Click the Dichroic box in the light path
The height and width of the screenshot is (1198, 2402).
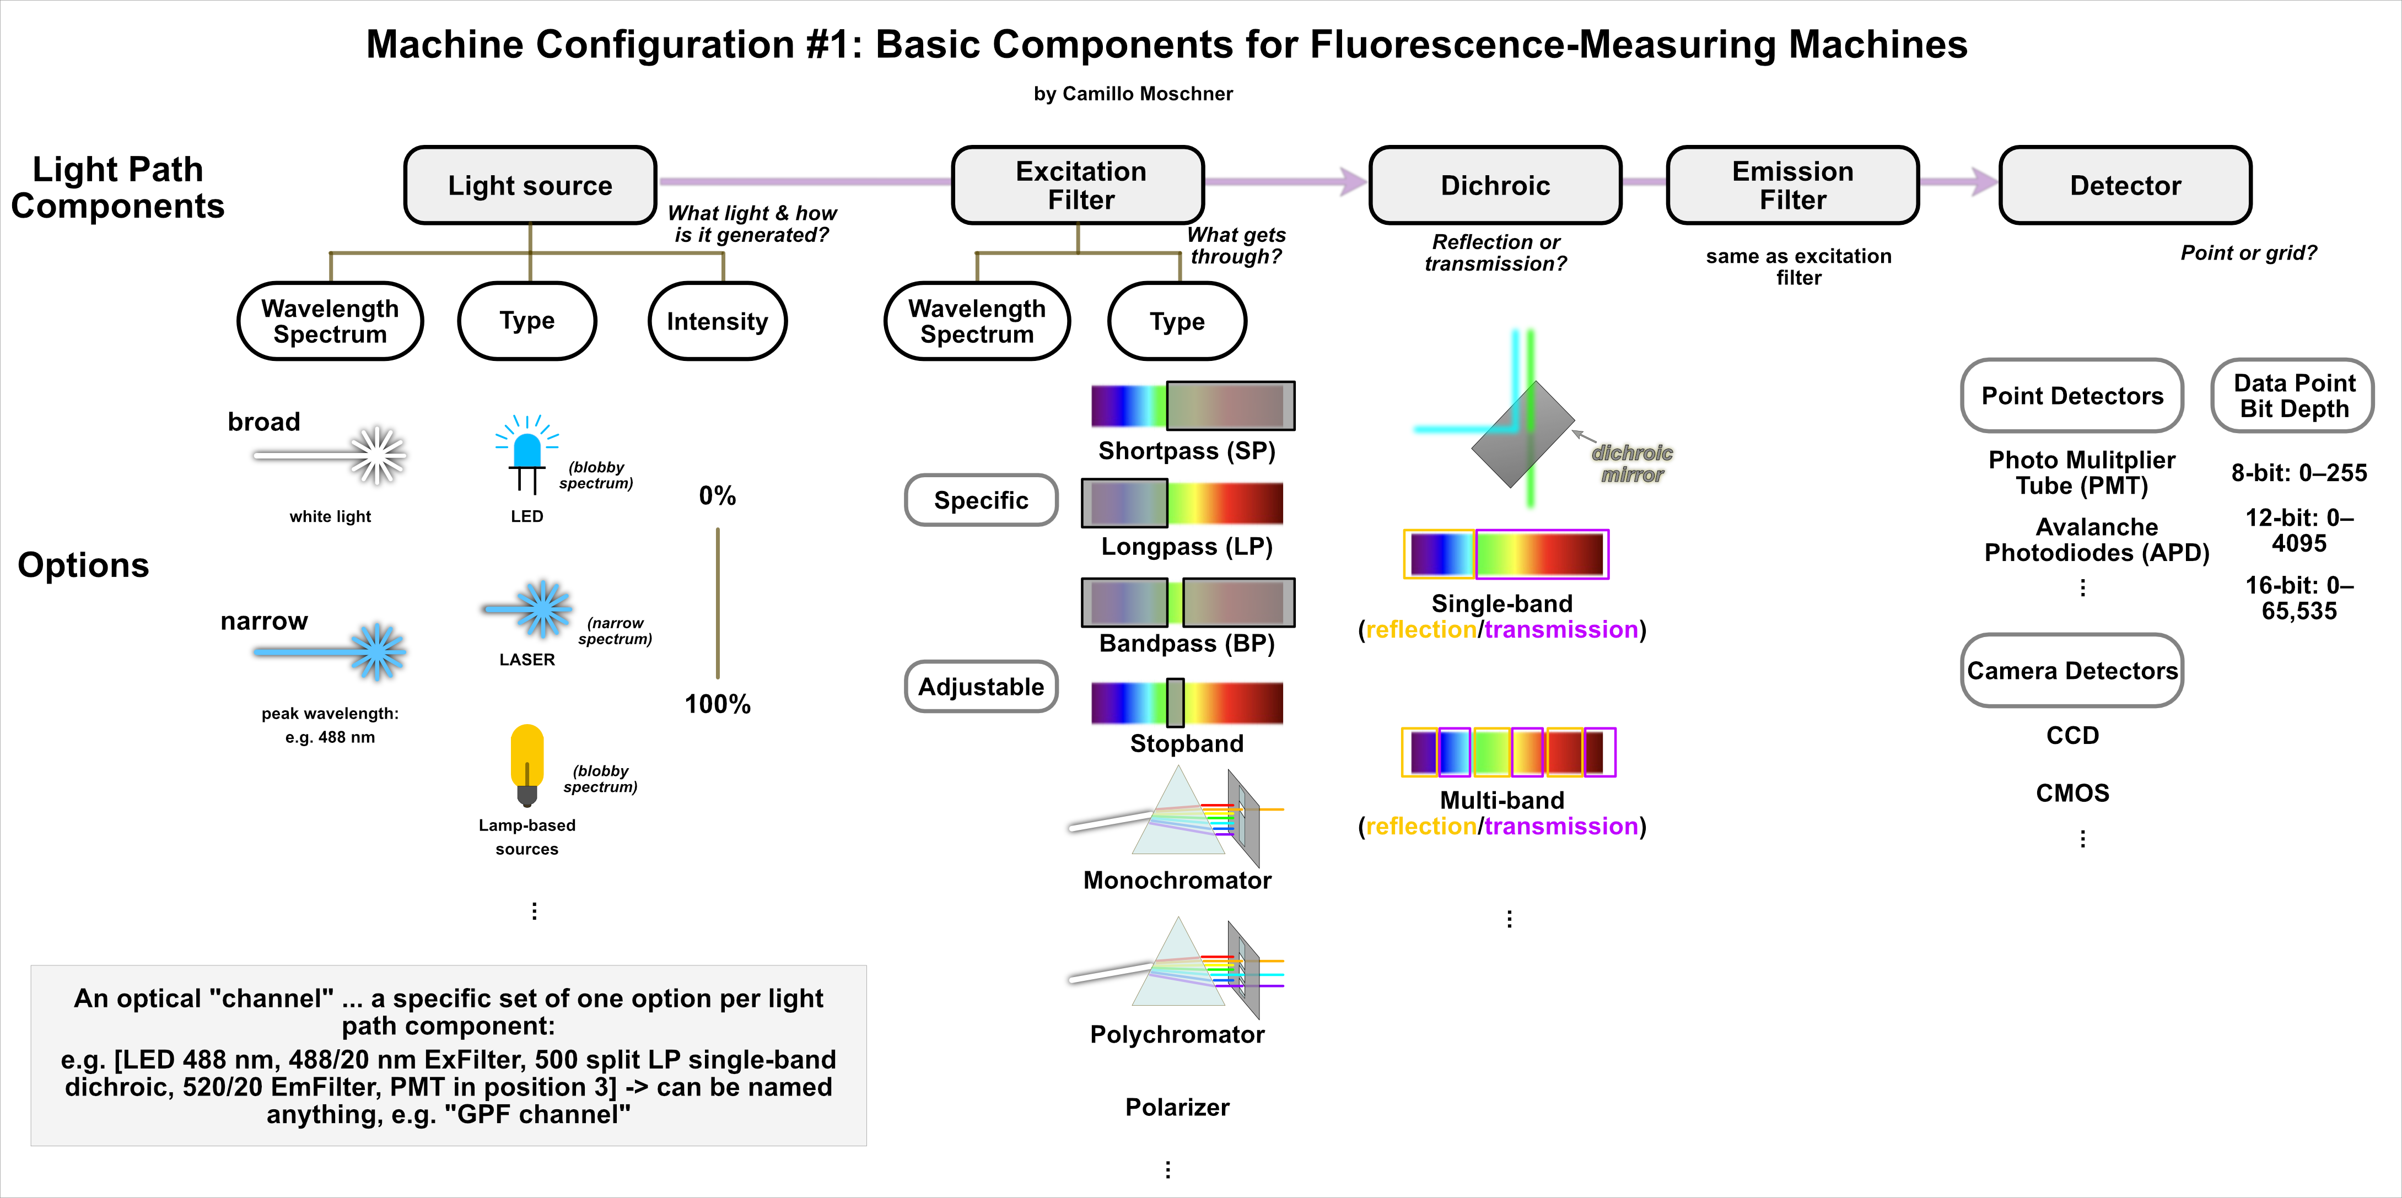pyautogui.click(x=1495, y=186)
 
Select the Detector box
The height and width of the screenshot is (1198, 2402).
pyautogui.click(x=2125, y=186)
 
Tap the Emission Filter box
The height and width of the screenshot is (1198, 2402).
pyautogui.click(x=1792, y=186)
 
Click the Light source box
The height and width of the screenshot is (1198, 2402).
pyautogui.click(x=530, y=186)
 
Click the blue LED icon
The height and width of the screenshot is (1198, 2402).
pyautogui.click(x=527, y=452)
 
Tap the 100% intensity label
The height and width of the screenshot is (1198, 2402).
pyautogui.click(x=717, y=704)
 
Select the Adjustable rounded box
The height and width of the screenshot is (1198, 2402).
pyautogui.click(x=981, y=687)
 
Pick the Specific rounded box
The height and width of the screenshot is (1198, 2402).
pyautogui.click(x=981, y=501)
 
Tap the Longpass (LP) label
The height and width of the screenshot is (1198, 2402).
pyautogui.click(x=1186, y=546)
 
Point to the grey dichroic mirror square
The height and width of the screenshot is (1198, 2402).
pyautogui.click(x=1523, y=434)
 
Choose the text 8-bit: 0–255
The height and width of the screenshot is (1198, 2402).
pyautogui.click(x=2298, y=473)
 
